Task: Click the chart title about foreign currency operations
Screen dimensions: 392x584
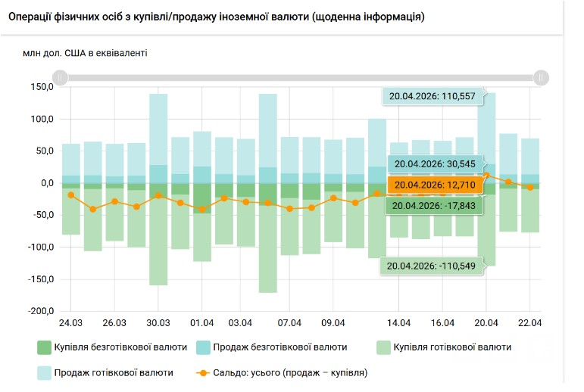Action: pyautogui.click(x=221, y=17)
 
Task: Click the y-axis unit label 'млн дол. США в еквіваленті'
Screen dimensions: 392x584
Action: pyautogui.click(x=86, y=53)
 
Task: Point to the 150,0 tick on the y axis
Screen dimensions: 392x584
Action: pyautogui.click(x=41, y=87)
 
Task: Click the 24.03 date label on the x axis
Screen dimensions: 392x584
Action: pyautogui.click(x=70, y=323)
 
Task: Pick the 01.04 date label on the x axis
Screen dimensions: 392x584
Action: pyautogui.click(x=201, y=323)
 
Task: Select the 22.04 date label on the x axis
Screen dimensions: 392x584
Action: pyautogui.click(x=529, y=323)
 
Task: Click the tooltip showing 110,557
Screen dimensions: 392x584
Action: pyautogui.click(x=432, y=96)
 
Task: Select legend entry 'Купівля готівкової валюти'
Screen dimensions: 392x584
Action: pyautogui.click(x=443, y=347)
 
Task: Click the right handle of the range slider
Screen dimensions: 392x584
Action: pyautogui.click(x=540, y=77)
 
